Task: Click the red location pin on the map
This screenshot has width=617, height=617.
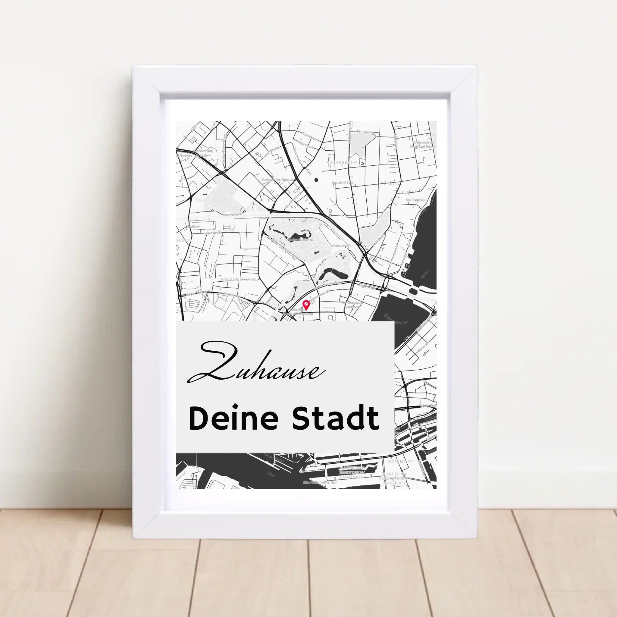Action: click(306, 305)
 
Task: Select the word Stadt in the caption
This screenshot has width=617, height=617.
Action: click(336, 419)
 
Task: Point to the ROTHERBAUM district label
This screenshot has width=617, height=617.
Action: click(342, 163)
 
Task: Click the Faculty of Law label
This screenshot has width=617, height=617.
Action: click(342, 182)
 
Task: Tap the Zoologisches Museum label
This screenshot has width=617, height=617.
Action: click(277, 180)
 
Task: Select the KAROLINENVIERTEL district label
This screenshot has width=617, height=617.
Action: click(239, 279)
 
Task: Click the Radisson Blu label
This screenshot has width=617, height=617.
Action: click(341, 245)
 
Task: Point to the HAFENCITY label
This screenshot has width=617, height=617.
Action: click(400, 462)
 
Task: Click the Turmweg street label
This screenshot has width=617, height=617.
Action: click(366, 132)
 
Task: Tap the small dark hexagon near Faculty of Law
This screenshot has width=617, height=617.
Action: click(316, 180)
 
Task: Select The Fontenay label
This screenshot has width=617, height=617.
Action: click(415, 200)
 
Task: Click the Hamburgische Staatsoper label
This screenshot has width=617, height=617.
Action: click(352, 305)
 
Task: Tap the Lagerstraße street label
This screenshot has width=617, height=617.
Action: click(213, 233)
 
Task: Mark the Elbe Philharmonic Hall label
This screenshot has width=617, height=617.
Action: click(319, 482)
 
